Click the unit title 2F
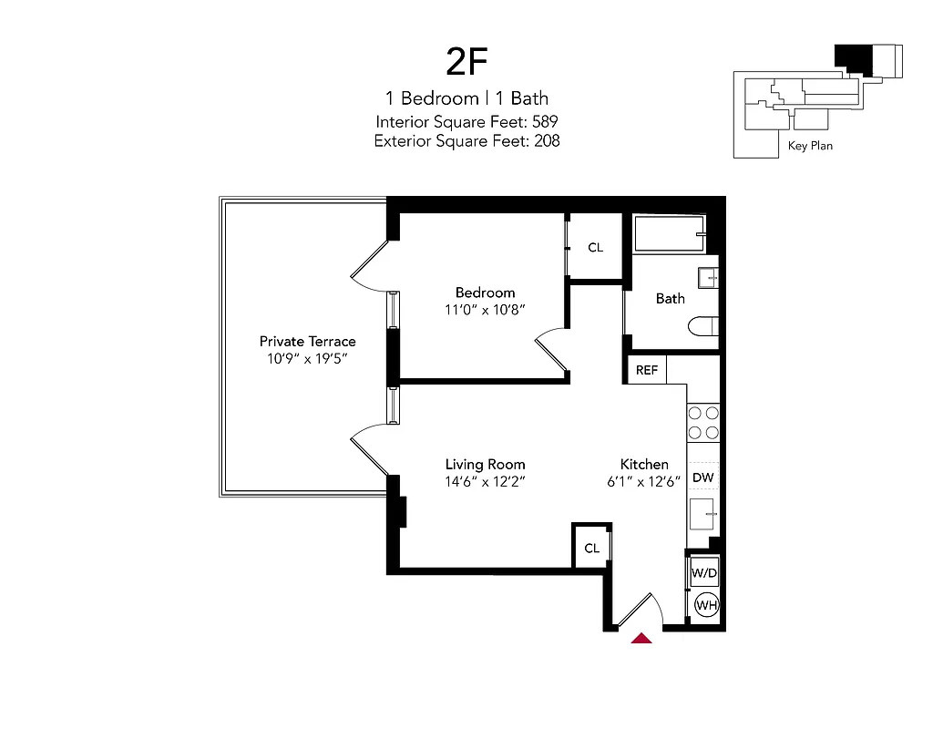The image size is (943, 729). (467, 61)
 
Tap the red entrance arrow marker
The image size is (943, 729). (642, 637)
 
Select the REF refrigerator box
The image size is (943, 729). (647, 370)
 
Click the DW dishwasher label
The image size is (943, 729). (702, 477)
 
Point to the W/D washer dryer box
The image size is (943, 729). (703, 574)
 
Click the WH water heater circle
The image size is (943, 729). (706, 604)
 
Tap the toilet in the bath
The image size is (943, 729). (705, 326)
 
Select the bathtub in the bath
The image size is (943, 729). (670, 235)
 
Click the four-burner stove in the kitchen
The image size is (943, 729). (703, 423)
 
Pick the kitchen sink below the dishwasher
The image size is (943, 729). (703, 515)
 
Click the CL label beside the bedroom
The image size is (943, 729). (595, 248)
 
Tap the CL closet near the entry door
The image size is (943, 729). (592, 548)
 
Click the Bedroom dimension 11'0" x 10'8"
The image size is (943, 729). (486, 310)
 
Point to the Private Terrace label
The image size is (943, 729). (308, 341)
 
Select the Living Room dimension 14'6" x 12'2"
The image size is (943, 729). (485, 482)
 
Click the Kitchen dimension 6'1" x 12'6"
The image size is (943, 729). (644, 482)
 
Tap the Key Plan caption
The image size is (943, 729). (810, 145)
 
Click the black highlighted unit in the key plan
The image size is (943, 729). (854, 57)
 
